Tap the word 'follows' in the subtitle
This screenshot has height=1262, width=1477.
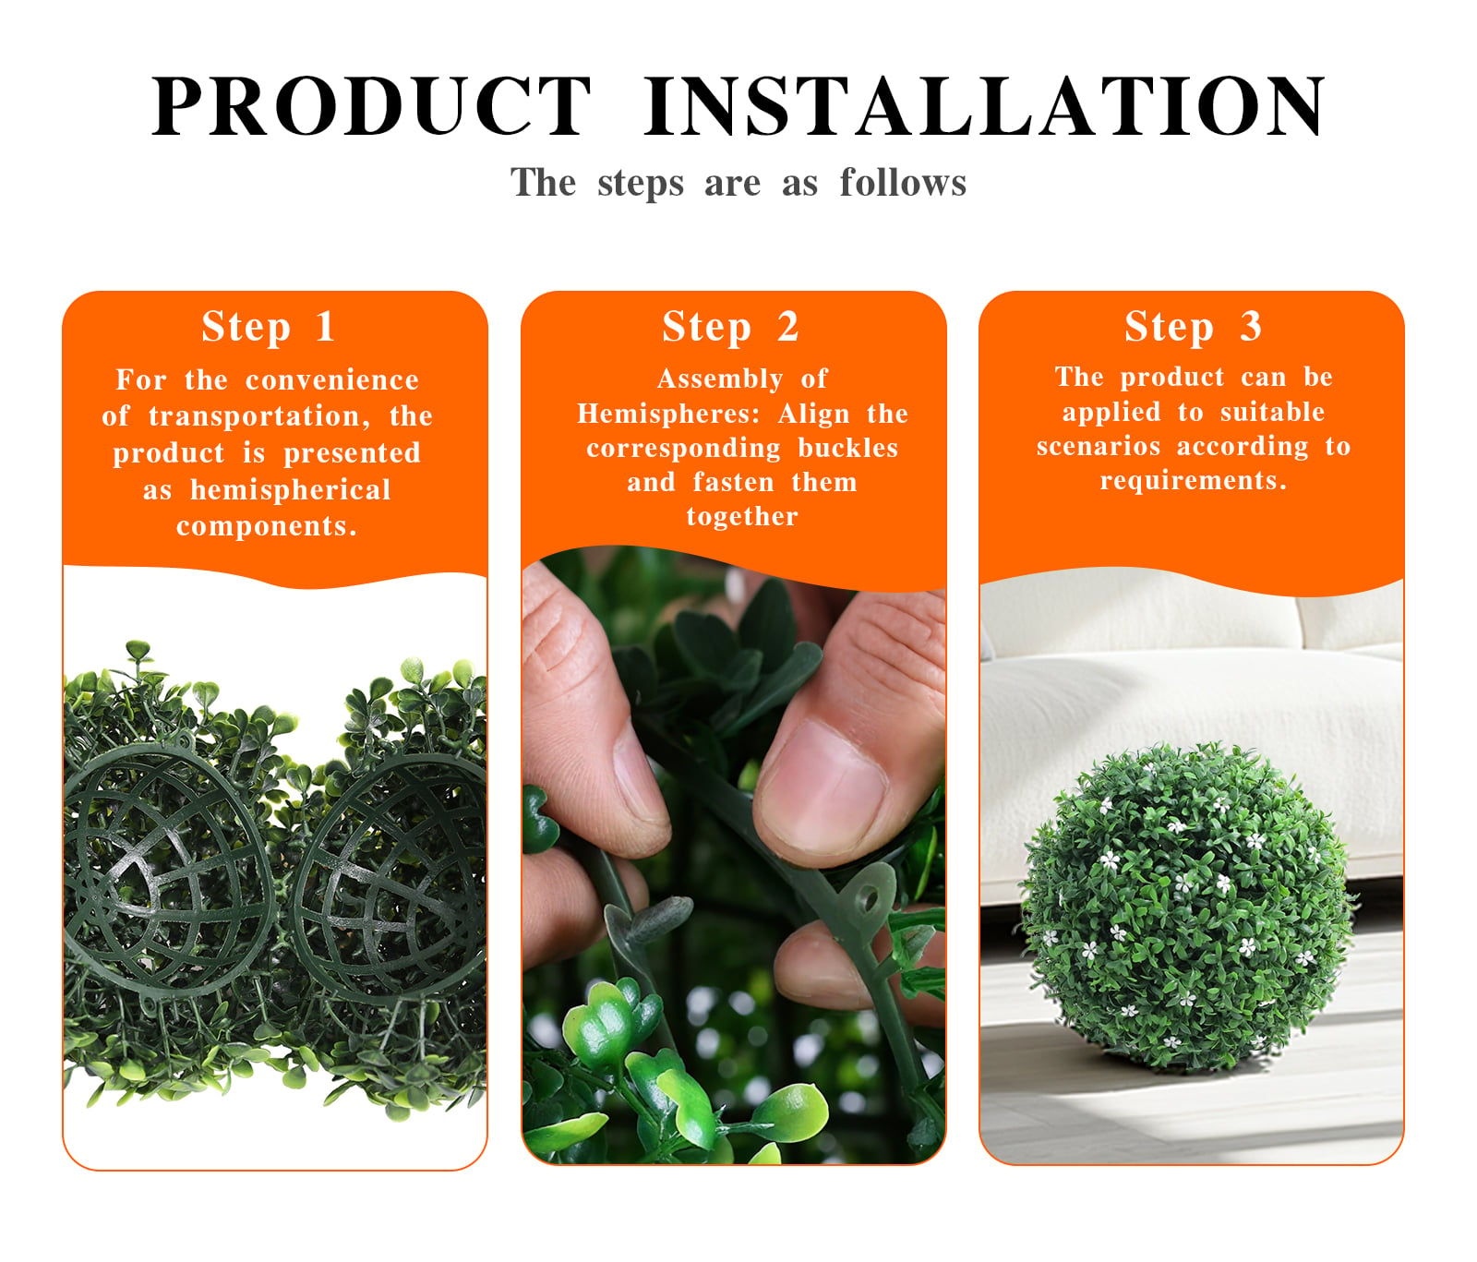point(903,183)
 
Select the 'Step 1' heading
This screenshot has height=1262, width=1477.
point(268,327)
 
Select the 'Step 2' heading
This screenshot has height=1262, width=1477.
point(730,327)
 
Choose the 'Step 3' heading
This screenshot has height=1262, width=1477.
point(1193,327)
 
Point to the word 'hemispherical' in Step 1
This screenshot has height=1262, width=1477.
point(291,489)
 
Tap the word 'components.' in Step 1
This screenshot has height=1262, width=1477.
point(267,526)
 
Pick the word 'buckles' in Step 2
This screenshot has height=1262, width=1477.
point(848,448)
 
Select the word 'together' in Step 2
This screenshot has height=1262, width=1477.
point(742,516)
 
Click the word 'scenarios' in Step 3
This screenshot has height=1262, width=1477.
point(1099,446)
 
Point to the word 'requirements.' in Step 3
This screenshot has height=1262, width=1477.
point(1193,481)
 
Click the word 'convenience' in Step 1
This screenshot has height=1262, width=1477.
point(332,380)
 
